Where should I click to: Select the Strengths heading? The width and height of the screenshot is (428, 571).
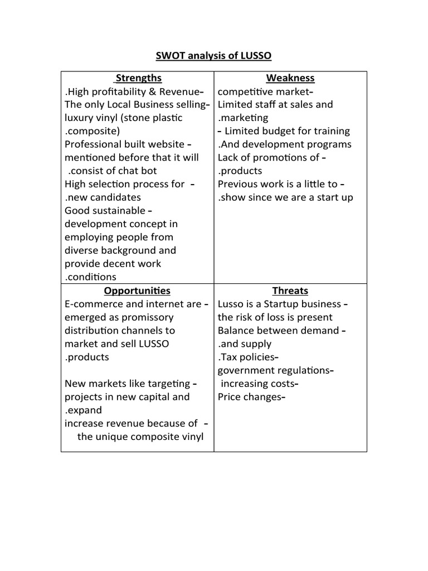(138, 78)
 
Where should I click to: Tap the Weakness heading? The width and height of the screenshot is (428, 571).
(290, 78)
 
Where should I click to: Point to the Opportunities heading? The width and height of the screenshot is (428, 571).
(137, 291)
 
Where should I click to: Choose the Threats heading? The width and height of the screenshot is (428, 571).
(290, 291)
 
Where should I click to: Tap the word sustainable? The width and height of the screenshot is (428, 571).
(118, 211)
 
